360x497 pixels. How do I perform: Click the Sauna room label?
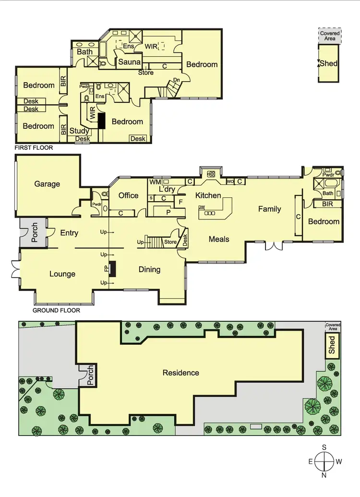tap(130, 62)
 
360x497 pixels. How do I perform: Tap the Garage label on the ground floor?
tap(47, 183)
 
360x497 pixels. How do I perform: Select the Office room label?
tap(129, 195)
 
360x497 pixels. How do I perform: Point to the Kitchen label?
tap(208, 195)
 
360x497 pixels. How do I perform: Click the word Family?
tap(269, 209)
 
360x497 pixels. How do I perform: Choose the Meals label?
tap(218, 239)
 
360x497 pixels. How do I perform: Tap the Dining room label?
tap(149, 269)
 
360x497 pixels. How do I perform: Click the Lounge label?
tap(62, 274)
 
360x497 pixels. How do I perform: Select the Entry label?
tap(69, 233)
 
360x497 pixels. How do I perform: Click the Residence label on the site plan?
tap(180, 373)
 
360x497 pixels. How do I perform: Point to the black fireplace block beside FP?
tap(112, 269)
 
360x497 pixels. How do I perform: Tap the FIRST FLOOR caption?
tap(34, 148)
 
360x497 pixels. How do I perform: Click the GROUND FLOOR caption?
tap(56, 310)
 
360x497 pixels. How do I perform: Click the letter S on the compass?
tap(324, 448)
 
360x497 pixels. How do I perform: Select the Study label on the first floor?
tap(79, 131)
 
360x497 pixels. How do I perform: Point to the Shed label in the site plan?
tap(332, 345)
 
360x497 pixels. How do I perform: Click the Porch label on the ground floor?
tap(35, 232)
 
